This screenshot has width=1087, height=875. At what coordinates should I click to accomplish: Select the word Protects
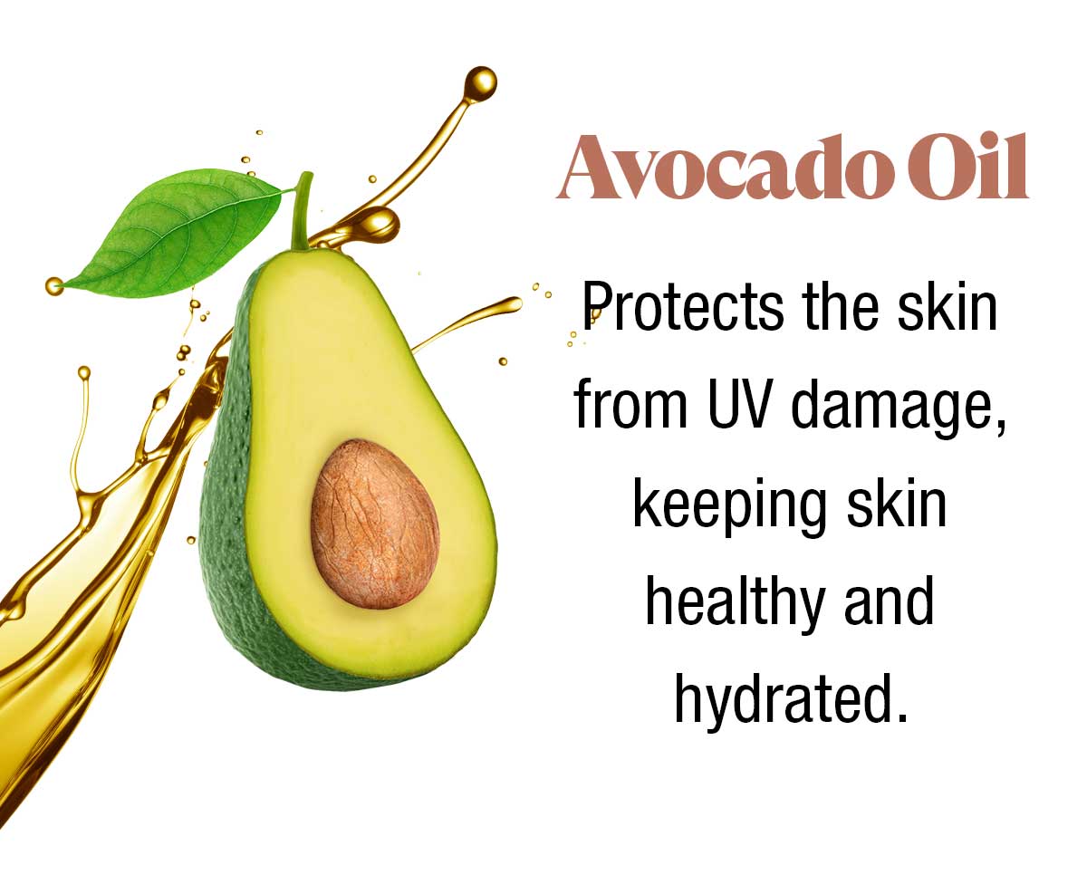click(x=683, y=307)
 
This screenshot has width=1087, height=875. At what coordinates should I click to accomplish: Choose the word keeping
click(x=729, y=508)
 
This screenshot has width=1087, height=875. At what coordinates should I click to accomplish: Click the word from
click(x=631, y=404)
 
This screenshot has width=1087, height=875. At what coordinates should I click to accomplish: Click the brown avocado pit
click(x=374, y=524)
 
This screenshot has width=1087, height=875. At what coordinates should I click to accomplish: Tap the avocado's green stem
click(x=302, y=211)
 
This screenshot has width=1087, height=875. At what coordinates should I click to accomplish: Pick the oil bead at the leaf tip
click(x=54, y=286)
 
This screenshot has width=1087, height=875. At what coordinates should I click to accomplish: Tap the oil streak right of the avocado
click(x=466, y=322)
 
